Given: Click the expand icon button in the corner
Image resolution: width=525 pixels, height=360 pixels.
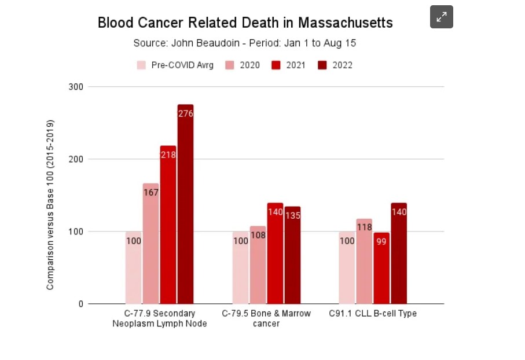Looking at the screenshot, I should coord(441,17).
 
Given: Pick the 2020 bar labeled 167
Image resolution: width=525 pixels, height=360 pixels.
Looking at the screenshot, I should coord(150,243).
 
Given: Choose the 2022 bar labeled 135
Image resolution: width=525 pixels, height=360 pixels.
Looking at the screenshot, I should coord(292,255).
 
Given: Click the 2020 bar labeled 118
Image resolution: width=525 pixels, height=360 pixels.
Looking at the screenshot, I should coord(364,261).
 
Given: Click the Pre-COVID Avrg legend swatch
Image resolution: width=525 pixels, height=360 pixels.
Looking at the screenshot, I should coord(141,65).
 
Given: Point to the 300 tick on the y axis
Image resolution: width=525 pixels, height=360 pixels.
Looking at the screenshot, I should coord(77,87).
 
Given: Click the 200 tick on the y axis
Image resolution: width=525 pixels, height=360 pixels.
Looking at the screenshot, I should coord(77,159).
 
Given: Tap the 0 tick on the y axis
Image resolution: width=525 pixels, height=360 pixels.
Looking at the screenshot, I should coord(80,304).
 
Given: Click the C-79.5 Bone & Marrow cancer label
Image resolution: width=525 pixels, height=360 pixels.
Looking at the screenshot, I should coord(266,318).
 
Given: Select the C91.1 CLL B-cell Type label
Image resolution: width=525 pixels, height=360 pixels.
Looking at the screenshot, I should coord(373,314).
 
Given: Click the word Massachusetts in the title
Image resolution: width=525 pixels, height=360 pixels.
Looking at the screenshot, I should coord(346,23).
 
